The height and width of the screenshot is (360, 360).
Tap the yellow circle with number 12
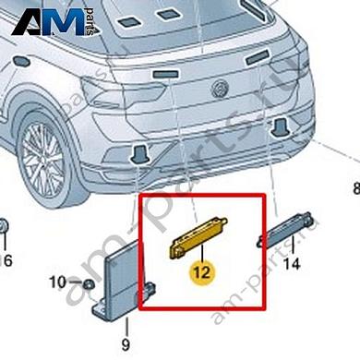click(200, 271)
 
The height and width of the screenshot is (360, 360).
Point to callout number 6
click(7, 261)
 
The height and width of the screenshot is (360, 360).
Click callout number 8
click(354, 189)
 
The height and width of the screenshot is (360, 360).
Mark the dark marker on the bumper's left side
click(139, 153)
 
